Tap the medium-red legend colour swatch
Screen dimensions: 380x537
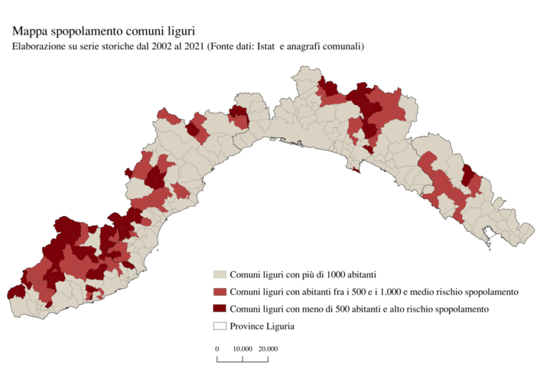[x=220, y=292]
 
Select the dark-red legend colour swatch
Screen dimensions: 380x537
[x=220, y=309]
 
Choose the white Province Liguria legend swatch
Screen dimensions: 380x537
[x=220, y=326]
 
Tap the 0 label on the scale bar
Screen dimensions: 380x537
[x=217, y=349]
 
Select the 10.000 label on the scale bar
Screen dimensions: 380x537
[x=242, y=349]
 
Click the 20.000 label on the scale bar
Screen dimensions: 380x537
[x=267, y=349]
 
